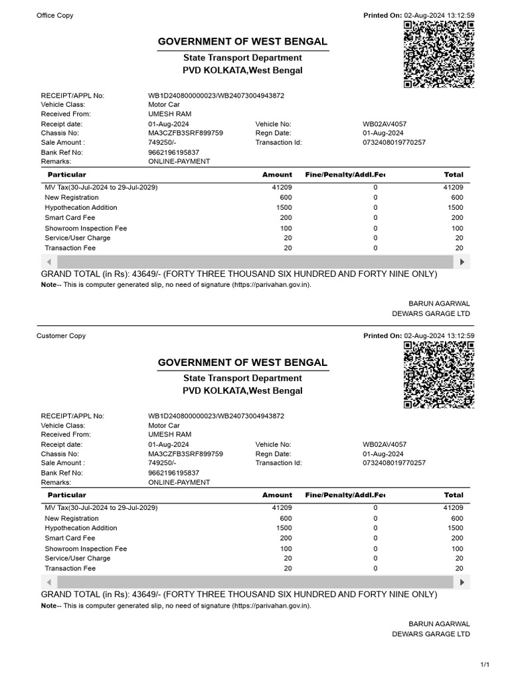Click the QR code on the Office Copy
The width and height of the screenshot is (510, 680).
(438, 54)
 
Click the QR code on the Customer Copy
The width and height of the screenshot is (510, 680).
(438, 375)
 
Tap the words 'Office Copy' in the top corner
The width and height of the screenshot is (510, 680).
(55, 15)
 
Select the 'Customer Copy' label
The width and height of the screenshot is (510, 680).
(61, 336)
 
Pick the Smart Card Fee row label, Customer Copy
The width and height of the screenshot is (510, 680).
(70, 538)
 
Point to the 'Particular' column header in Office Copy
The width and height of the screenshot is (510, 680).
(67, 175)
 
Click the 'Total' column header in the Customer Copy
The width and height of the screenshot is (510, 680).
(454, 495)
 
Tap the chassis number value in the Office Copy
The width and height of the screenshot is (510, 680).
(185, 133)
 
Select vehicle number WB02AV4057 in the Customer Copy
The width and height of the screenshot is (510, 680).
(384, 444)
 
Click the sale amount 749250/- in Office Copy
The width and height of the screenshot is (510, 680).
(162, 142)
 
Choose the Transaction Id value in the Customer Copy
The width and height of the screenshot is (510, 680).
(394, 463)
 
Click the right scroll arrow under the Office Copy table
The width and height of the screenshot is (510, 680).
(464, 261)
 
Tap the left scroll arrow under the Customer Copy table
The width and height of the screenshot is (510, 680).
(48, 582)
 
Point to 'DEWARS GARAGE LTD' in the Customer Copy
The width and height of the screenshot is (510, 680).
(431, 634)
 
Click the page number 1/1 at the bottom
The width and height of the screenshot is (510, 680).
(485, 665)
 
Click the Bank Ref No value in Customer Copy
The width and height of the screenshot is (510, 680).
(173, 473)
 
